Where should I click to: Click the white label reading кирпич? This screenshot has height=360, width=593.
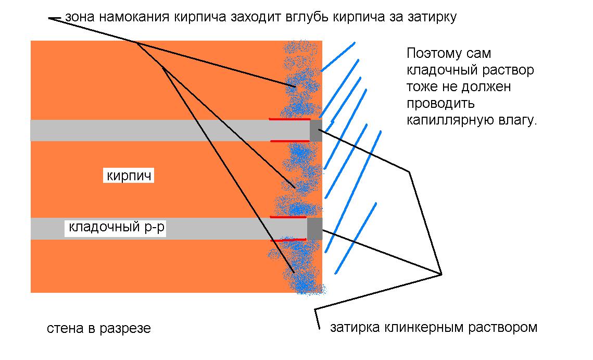coord(129,176)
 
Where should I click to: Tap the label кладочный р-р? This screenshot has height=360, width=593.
coord(116,228)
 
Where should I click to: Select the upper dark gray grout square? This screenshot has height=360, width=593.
coord(316,131)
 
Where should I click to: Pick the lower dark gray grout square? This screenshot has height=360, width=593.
coord(314,229)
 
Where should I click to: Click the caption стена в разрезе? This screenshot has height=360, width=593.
coord(99,328)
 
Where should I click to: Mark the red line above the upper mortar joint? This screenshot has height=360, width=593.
coord(289,119)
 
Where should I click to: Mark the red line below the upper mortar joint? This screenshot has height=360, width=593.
coord(290,141)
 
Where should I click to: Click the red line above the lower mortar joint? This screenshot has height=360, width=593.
coord(288,217)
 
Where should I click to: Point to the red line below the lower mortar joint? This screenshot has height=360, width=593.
coord(288,240)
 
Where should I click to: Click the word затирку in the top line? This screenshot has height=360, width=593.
coord(433,17)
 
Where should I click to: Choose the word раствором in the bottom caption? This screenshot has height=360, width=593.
coord(503,328)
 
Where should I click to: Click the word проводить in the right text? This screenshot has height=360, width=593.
coord(440,104)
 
